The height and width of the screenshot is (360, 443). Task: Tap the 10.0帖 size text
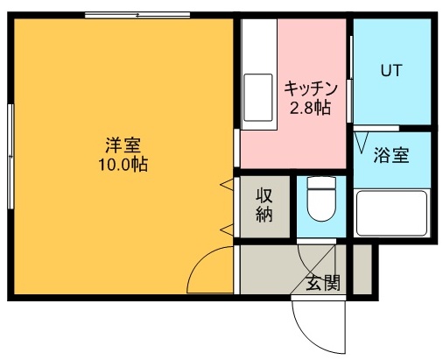(122, 164)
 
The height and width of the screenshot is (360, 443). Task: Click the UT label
(390, 70)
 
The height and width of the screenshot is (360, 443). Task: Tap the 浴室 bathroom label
(390, 158)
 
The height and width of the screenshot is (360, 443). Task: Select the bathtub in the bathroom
(391, 212)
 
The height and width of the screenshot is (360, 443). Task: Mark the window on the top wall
(137, 15)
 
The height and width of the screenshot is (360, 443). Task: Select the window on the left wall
(11, 156)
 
